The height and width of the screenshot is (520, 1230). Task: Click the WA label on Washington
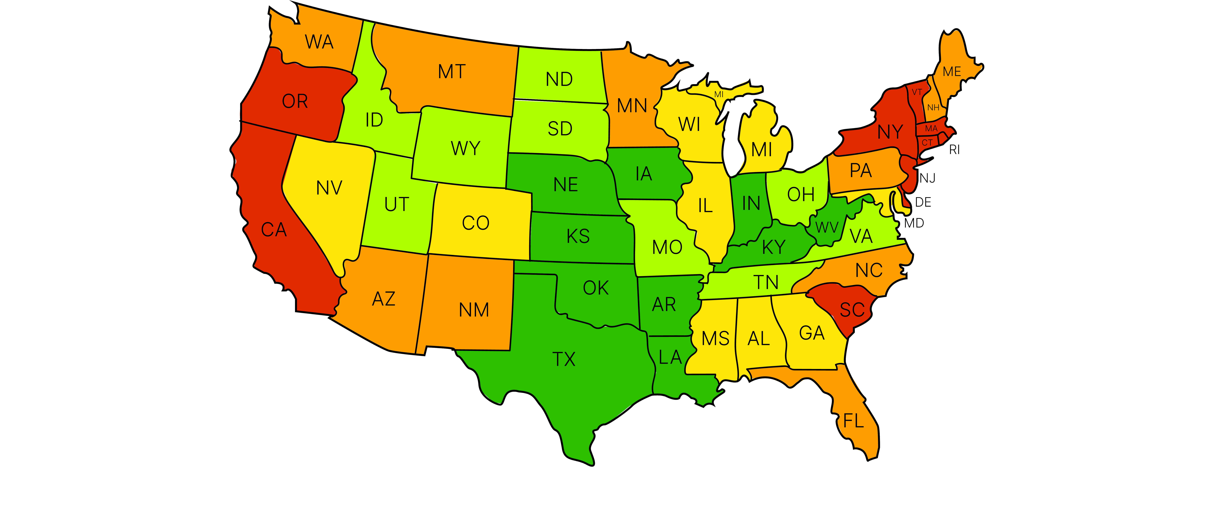[319, 42]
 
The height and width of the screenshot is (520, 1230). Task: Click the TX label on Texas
[564, 359]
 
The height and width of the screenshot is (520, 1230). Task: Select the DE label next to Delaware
[923, 203]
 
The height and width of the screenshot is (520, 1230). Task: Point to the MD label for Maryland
[914, 223]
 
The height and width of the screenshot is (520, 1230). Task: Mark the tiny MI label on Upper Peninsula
[719, 95]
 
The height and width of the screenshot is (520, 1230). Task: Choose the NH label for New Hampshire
[933, 107]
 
